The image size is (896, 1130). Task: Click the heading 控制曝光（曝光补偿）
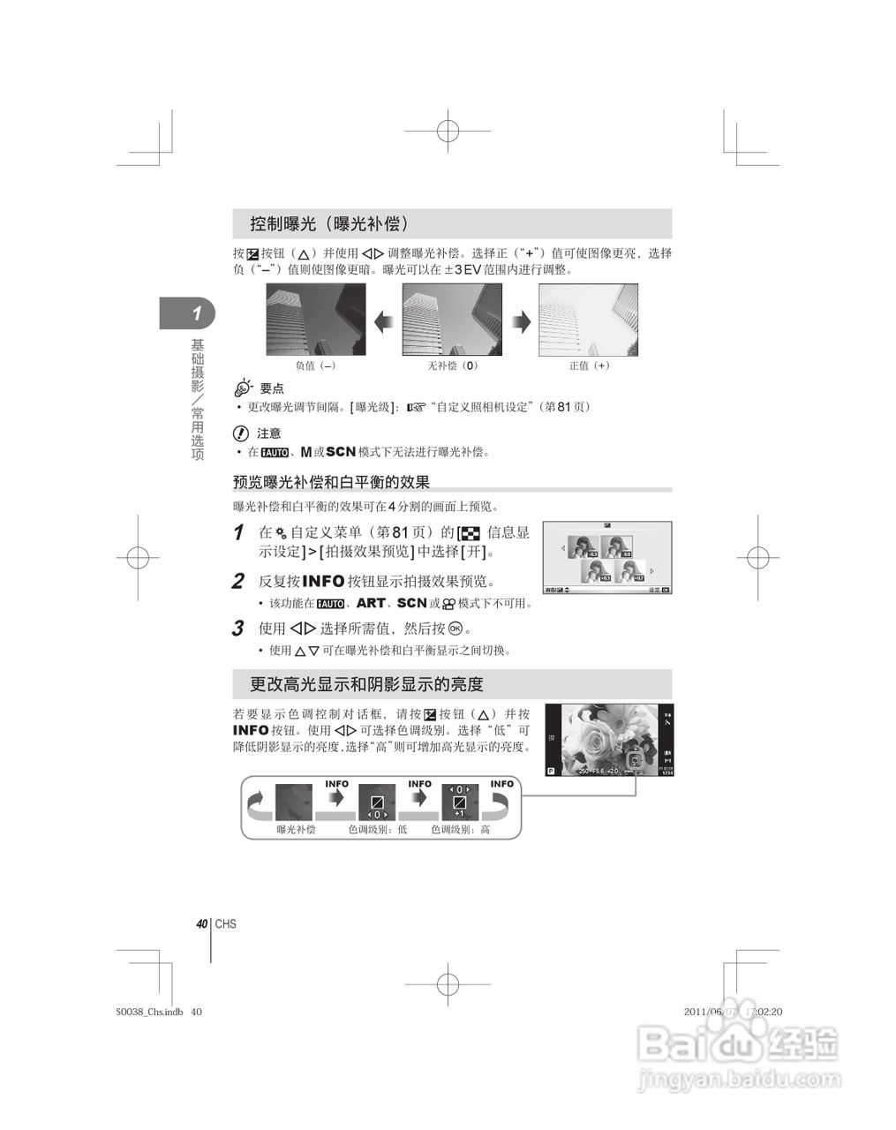tap(330, 223)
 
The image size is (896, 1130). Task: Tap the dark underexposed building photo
tap(316, 319)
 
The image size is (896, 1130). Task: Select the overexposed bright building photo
tap(588, 319)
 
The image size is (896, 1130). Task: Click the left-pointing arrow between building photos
tap(384, 321)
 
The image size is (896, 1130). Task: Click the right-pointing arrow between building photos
tap(522, 321)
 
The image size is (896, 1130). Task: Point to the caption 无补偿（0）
tap(453, 365)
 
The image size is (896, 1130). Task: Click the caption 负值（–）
tap(316, 365)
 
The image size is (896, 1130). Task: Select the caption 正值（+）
tap(589, 365)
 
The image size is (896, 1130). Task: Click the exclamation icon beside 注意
tap(240, 433)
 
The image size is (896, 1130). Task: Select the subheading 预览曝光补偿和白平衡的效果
tap(331, 482)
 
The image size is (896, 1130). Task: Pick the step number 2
tap(237, 581)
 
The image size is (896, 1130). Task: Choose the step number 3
tap(237, 629)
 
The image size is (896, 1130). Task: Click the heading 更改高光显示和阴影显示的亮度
tap(366, 684)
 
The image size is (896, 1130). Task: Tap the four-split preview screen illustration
tap(606, 558)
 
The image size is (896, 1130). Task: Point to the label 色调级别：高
tap(460, 830)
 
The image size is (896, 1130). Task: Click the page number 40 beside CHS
tap(201, 923)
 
